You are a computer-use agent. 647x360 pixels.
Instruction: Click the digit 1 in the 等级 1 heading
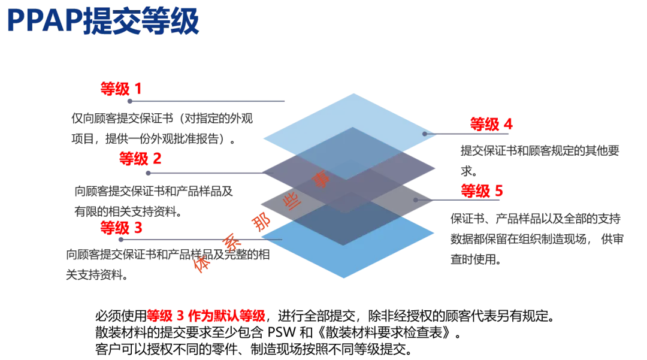138,89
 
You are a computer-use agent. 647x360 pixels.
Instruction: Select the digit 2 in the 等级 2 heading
157,159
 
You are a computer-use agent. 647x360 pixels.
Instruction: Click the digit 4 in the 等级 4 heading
507,124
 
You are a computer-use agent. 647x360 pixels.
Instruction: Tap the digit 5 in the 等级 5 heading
498,191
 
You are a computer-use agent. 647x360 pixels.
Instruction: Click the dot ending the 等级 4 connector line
425,134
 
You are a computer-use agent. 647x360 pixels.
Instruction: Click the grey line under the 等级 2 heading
204,173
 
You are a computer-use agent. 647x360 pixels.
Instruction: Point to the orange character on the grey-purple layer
321,179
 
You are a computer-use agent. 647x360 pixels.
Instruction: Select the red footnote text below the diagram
207,316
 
